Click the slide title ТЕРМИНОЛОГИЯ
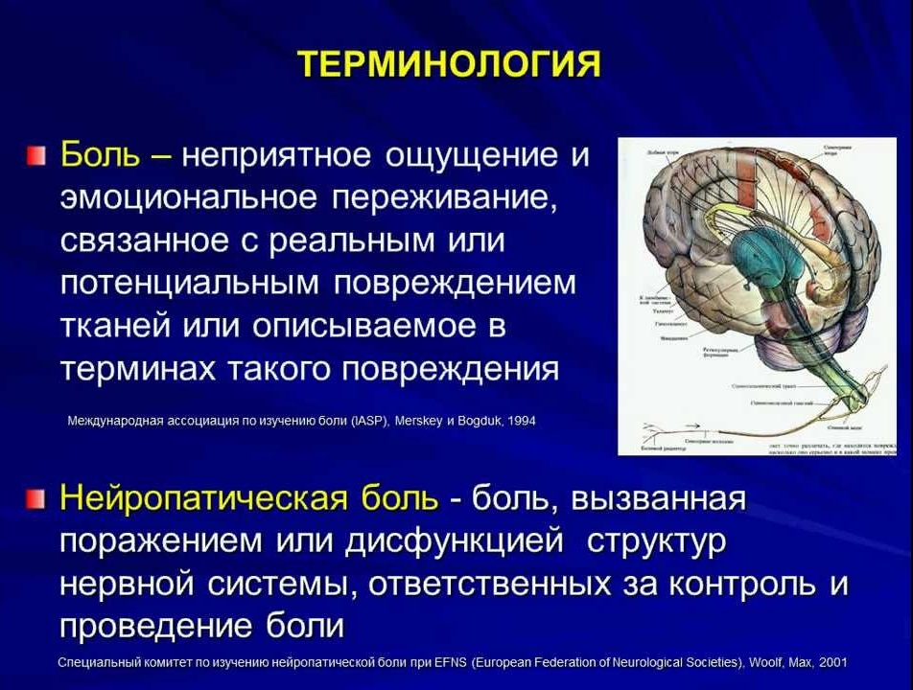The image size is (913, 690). pos(450,64)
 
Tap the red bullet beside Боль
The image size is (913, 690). pos(35,155)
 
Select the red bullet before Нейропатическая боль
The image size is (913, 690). pos(35,499)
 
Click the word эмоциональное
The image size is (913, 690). pos(188,197)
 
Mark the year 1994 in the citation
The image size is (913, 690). pos(522,421)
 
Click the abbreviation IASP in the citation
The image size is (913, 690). pos(367,421)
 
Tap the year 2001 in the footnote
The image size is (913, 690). pos(831,663)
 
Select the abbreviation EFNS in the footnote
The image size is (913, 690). pos(449,663)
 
